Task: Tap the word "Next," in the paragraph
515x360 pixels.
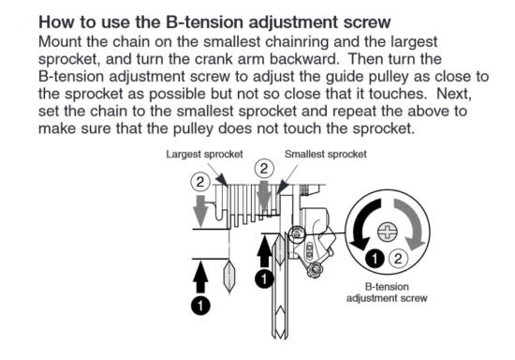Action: (454, 95)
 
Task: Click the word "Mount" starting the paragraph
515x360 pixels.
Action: (60, 42)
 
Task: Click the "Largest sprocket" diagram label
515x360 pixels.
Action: (204, 154)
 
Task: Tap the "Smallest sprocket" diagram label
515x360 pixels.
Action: (326, 154)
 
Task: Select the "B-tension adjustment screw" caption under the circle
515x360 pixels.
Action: (387, 292)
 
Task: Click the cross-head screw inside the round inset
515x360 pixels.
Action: (388, 232)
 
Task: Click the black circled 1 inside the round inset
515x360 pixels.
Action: (375, 259)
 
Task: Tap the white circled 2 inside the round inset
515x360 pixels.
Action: (398, 259)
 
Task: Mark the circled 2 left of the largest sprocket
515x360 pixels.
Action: (200, 182)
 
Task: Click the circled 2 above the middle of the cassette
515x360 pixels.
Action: (264, 169)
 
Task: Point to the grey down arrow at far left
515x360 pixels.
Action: (200, 210)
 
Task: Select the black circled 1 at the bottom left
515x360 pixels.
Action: (200, 306)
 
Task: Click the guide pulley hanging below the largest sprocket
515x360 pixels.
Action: (229, 276)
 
